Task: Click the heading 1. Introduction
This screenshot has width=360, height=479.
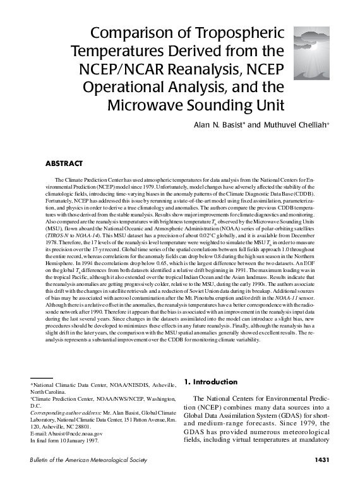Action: click(x=211, y=382)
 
